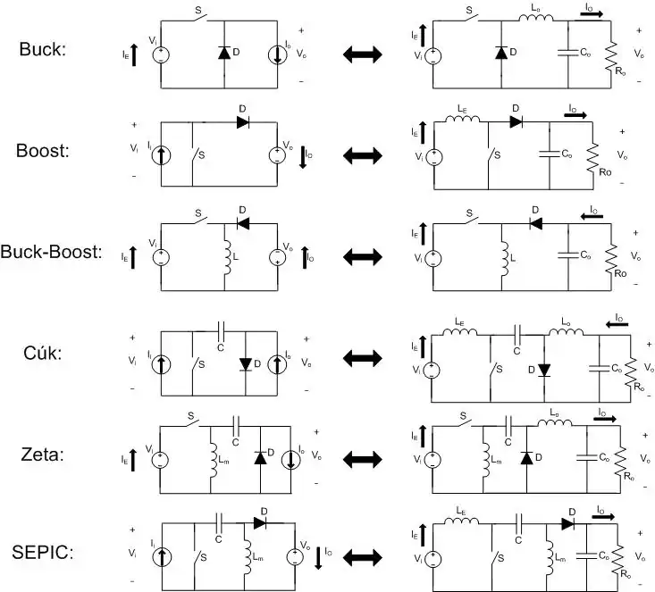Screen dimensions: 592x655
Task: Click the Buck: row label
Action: [x=42, y=49]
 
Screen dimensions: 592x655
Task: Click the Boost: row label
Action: [x=42, y=150]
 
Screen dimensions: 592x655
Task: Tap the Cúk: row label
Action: [x=42, y=354]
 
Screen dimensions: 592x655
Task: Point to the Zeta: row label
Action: [x=42, y=455]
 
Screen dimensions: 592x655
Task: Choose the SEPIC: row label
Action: [x=43, y=552]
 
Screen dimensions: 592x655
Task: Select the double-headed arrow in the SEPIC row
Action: [x=362, y=555]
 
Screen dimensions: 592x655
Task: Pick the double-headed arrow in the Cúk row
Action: [x=362, y=357]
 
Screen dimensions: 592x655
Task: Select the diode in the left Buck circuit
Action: [x=223, y=54]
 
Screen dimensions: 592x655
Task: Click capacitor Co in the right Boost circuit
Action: [x=550, y=154]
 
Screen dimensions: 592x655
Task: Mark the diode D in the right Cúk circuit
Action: [x=542, y=368]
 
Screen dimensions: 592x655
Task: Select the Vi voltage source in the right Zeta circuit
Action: [x=433, y=458]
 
